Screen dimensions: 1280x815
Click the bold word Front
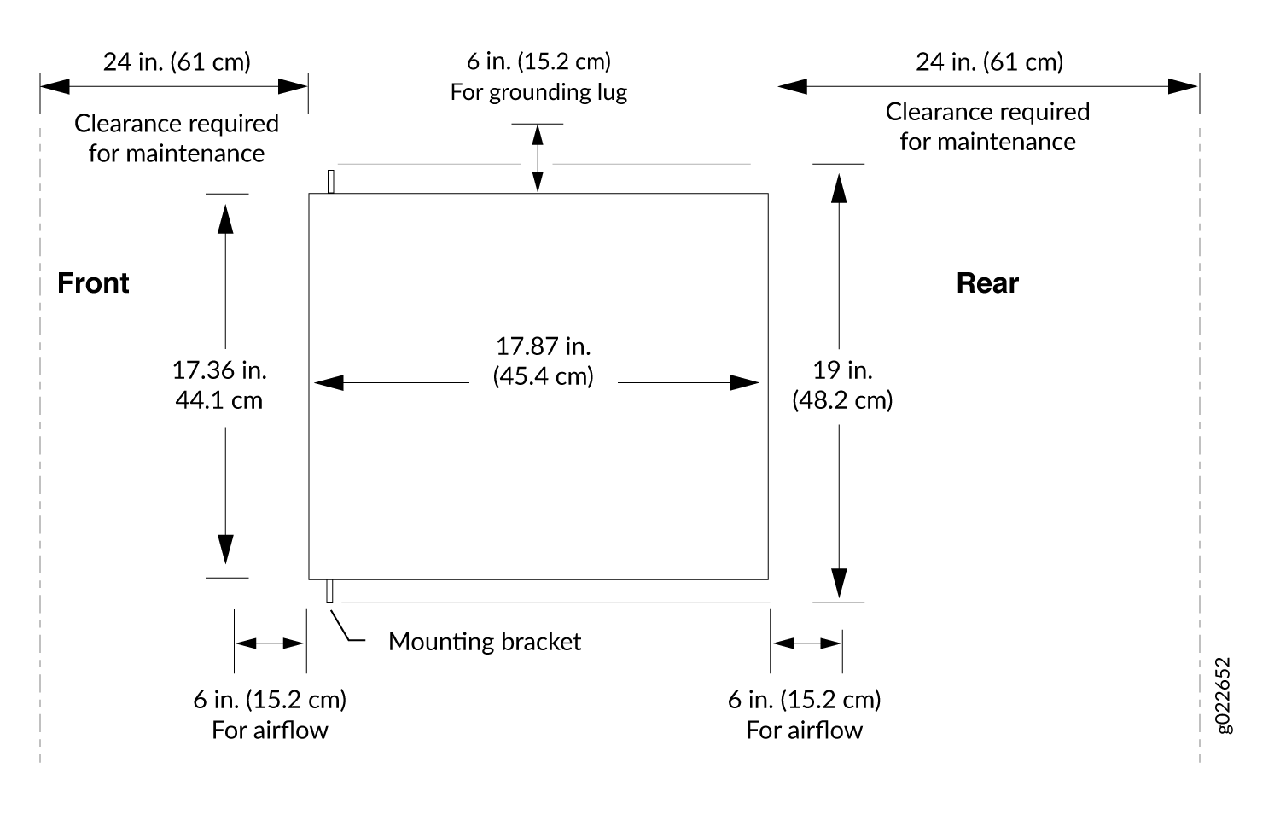(x=93, y=283)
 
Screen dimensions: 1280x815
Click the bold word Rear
(x=987, y=283)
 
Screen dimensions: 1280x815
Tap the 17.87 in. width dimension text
(x=543, y=361)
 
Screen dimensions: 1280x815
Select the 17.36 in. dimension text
(x=219, y=385)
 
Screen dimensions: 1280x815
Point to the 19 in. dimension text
(x=843, y=385)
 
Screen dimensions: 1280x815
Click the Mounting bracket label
(x=485, y=642)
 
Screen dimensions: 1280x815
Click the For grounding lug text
(x=538, y=92)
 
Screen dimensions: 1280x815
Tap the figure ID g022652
(x=1223, y=695)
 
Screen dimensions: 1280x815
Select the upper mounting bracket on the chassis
(x=331, y=182)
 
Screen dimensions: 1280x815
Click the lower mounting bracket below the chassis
(x=329, y=591)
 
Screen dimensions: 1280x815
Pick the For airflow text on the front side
(x=270, y=731)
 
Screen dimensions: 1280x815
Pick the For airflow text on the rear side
(x=805, y=731)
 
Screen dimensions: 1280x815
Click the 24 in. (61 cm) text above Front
(x=177, y=61)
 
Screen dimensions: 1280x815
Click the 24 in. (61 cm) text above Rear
(x=990, y=61)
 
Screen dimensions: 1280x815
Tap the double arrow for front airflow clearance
(x=270, y=643)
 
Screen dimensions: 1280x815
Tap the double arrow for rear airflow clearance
(x=806, y=643)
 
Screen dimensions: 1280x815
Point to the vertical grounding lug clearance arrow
(x=538, y=159)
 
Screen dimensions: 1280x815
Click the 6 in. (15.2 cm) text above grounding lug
(x=538, y=61)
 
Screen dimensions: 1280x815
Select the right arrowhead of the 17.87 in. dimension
(x=745, y=383)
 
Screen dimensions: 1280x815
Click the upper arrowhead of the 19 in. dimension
(x=839, y=189)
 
